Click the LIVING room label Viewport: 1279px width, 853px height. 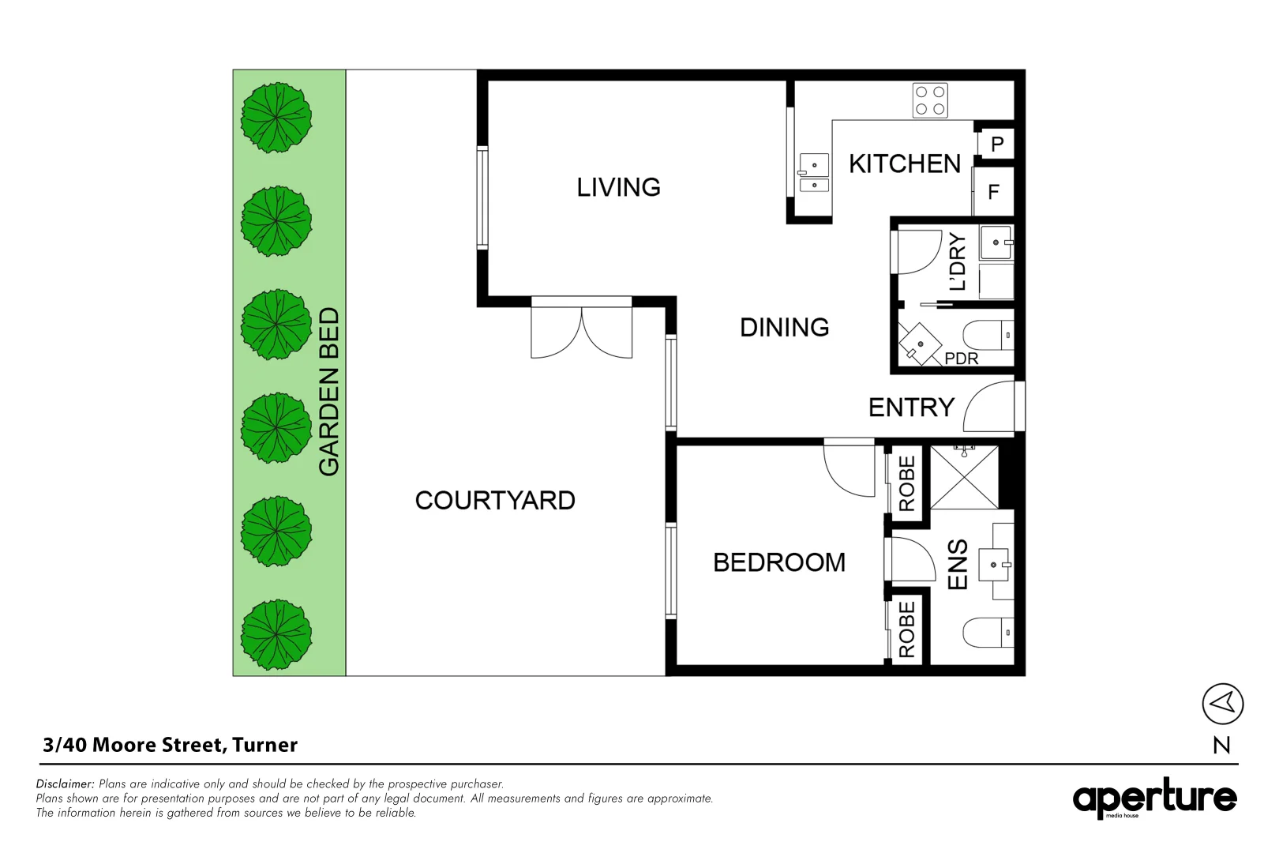point(618,187)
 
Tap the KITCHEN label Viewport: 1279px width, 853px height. point(904,163)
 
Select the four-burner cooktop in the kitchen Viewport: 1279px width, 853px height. point(930,100)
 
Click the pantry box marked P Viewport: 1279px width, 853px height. point(996,144)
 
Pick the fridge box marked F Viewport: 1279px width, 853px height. point(993,191)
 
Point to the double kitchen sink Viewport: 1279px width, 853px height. point(814,174)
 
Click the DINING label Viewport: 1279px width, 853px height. point(784,327)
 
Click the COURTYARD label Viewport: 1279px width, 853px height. point(495,500)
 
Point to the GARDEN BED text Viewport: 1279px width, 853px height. point(328,392)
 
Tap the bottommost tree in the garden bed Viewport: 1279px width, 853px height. point(276,633)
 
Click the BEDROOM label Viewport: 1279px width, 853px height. point(778,562)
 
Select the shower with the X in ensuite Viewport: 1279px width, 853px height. point(964,478)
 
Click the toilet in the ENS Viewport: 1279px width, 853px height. point(987,633)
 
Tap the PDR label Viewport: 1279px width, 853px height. point(961,359)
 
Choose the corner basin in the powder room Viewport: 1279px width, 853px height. point(920,343)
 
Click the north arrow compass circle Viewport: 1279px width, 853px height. point(1222,703)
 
